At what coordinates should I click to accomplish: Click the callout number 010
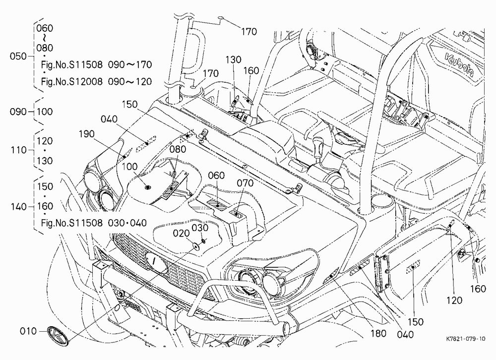pos(28,331)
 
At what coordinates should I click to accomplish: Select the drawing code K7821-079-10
pos(465,339)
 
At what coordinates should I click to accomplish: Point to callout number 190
pos(87,134)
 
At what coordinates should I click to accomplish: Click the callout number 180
pos(378,333)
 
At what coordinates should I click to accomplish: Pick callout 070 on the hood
pos(245,183)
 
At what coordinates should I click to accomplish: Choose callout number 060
pos(216,175)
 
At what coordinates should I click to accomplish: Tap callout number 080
pos(178,149)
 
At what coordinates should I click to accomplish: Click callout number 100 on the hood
pos(129,167)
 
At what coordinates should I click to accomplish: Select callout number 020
pos(181,233)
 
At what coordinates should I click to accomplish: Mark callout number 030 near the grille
pos(200,228)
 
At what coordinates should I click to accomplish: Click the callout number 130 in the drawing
pos(234,60)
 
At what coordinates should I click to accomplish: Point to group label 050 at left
pos(18,57)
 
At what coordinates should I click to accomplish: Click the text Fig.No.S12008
pos(72,82)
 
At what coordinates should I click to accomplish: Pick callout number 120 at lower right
pos(454,300)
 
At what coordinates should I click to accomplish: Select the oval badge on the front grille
pos(156,263)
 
